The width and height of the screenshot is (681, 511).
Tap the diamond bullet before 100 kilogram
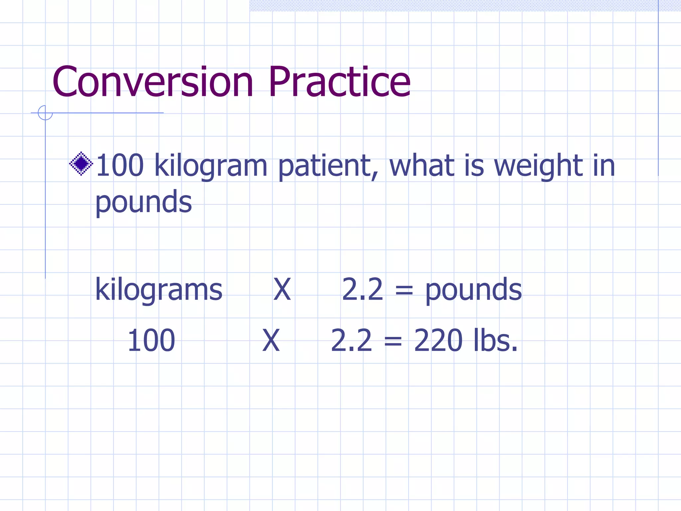tap(81, 164)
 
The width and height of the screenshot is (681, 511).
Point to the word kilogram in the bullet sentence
tap(211, 166)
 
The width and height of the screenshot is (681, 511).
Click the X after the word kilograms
tap(282, 290)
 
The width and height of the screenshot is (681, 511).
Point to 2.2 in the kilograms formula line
tap(362, 290)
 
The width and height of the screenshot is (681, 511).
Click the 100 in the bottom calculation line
tap(151, 340)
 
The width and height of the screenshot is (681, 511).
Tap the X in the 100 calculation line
tap(271, 340)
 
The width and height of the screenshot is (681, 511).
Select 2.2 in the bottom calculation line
tap(351, 340)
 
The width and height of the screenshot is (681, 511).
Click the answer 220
tap(438, 340)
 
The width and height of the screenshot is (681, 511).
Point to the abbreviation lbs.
tap(495, 340)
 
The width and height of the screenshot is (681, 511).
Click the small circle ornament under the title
tap(45, 113)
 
